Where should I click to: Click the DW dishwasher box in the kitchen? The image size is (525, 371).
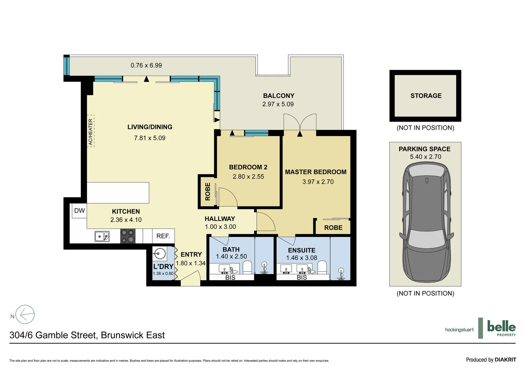[x=79, y=211]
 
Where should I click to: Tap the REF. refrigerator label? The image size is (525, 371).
[x=163, y=236]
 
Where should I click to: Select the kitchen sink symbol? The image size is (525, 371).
[x=102, y=236]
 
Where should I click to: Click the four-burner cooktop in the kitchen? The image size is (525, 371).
[x=127, y=236]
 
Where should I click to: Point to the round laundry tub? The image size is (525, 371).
[x=159, y=255]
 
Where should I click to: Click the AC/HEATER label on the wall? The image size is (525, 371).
[x=91, y=131]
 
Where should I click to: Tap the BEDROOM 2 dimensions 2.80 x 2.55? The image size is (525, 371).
[x=248, y=177]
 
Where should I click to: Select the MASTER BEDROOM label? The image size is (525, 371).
[x=315, y=172]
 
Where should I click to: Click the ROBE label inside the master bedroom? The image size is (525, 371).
[x=333, y=228]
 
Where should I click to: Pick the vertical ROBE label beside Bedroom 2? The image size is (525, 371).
[x=208, y=191]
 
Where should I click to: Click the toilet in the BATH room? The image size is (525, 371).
[x=247, y=267]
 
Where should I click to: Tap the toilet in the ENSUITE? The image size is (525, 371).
[x=322, y=267]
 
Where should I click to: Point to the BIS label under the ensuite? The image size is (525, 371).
[x=302, y=277]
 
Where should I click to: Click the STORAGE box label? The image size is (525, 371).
[x=426, y=96]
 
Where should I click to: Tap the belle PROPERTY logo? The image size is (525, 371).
[x=501, y=328]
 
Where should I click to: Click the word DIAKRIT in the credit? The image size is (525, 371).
[x=505, y=360]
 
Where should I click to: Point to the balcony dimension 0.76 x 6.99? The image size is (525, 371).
[x=146, y=65]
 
